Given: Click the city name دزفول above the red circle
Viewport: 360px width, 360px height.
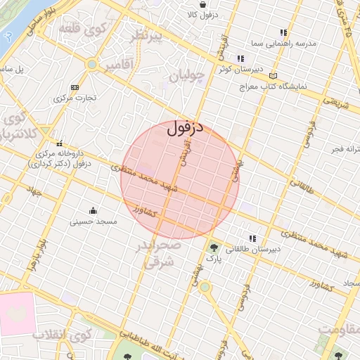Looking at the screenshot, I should click(x=186, y=129).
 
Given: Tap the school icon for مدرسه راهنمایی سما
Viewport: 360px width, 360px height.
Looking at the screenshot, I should click(x=283, y=32).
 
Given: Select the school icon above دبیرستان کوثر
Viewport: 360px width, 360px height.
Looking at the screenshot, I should click(x=240, y=58).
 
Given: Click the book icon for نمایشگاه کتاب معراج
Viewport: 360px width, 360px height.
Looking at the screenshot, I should click(x=274, y=75).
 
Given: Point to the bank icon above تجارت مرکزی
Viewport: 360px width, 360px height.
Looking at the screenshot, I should click(x=75, y=87).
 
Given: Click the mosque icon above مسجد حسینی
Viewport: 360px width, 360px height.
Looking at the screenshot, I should click(x=93, y=210).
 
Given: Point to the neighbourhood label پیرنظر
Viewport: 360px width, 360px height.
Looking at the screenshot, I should click(x=152, y=37).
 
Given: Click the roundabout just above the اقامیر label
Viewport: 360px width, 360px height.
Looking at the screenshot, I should click(x=91, y=64).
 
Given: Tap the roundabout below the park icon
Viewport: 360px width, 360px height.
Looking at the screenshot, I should click(x=205, y=286).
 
